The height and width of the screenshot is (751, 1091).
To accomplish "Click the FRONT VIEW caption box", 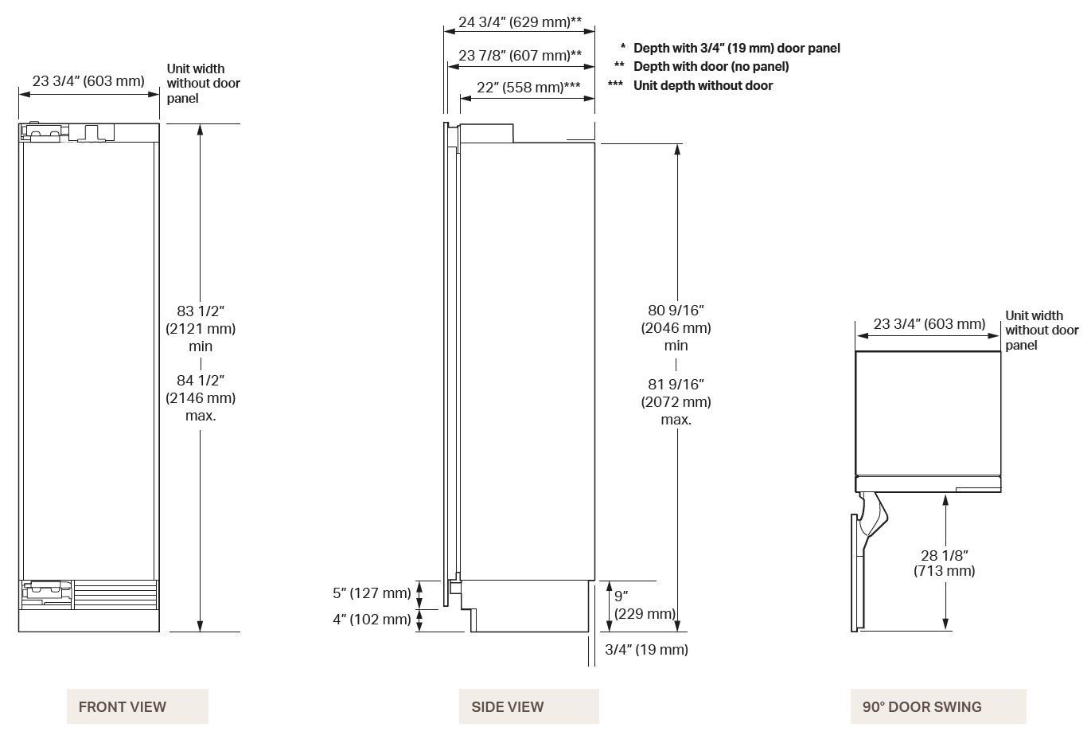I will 137,706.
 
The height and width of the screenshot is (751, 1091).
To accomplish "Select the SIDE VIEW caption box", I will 528,706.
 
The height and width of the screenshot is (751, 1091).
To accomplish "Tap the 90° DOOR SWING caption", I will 937,706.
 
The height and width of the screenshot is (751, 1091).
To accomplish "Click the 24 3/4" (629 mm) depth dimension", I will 519,22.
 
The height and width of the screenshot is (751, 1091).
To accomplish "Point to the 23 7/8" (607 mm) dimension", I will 520,55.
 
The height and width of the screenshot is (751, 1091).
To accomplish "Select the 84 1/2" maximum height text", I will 201,397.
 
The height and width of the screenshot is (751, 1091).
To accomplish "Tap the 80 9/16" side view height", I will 676,327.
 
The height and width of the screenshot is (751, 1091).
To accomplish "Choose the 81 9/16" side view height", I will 676,401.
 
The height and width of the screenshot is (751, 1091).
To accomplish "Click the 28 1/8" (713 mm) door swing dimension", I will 944,563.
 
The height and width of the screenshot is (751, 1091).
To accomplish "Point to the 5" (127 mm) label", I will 372,593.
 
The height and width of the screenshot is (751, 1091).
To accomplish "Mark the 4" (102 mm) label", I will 372,619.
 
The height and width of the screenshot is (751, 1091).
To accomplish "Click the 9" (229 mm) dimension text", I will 644,604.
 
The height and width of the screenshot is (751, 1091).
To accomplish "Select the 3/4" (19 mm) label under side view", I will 646,649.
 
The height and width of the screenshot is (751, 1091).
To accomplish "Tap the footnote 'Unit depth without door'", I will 703,85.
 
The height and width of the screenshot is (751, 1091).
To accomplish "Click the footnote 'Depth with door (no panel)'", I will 711,66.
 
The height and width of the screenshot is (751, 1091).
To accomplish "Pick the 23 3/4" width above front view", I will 88,80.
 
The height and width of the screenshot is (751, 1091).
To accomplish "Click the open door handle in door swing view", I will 874,516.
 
